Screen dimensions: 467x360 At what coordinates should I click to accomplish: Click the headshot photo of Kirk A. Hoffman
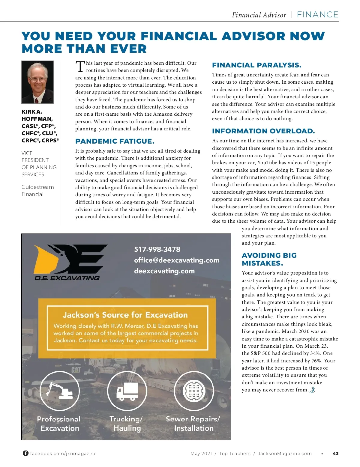(37, 82)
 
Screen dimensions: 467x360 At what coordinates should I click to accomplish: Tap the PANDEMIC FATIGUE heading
(115, 141)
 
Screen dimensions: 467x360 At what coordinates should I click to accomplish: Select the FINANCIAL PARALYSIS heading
(256, 65)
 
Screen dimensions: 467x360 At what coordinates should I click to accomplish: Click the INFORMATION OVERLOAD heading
(263, 131)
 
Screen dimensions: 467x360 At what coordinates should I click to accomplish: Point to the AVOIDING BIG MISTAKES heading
(269, 259)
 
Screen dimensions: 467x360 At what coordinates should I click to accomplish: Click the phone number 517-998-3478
(157, 249)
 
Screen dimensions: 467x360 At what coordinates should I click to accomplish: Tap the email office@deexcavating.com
(176, 260)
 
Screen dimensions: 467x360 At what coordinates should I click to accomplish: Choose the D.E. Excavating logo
(70, 262)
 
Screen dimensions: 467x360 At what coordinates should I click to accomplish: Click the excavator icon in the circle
(60, 391)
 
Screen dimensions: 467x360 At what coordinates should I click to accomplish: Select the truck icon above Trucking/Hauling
(127, 391)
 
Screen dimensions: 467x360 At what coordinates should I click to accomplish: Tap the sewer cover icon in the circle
(194, 391)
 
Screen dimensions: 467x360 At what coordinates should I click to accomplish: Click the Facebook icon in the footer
(26, 453)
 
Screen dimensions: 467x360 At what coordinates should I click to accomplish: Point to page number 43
(335, 454)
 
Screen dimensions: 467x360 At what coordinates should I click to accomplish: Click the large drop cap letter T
(80, 66)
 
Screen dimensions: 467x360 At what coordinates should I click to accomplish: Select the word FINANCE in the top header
(317, 15)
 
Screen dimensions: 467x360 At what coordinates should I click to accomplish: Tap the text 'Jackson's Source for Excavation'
(125, 315)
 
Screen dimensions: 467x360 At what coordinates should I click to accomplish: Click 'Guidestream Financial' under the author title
(37, 191)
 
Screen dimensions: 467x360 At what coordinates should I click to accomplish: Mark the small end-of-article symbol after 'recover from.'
(312, 390)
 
